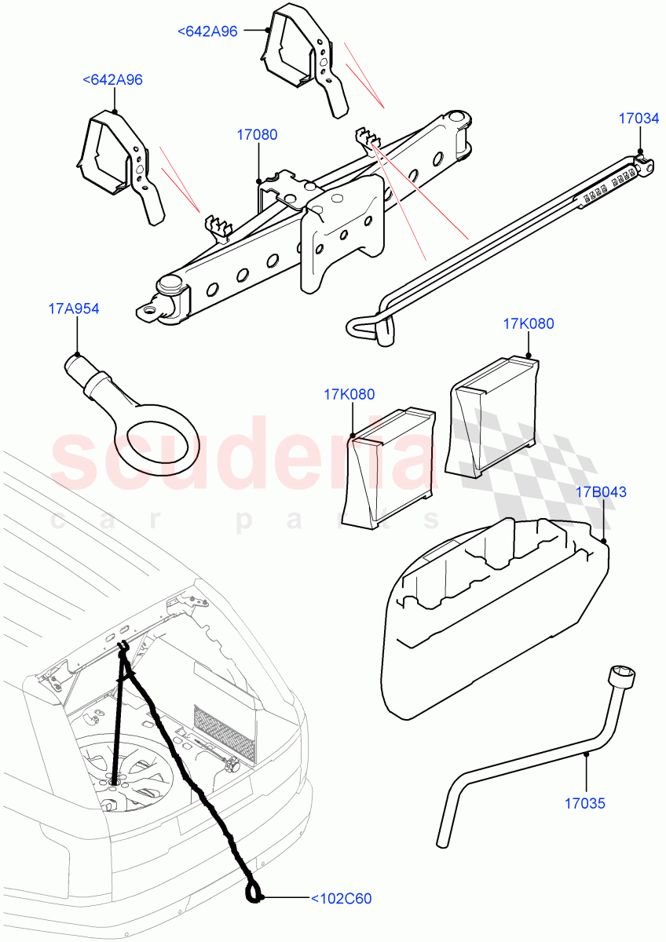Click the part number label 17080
[257, 135]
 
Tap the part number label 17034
[639, 119]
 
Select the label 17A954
[74, 309]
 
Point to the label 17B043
[602, 492]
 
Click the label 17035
[587, 804]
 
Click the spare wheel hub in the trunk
[115, 780]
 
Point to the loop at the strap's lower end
[254, 892]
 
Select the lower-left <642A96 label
[112, 80]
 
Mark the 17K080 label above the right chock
[528, 323]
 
